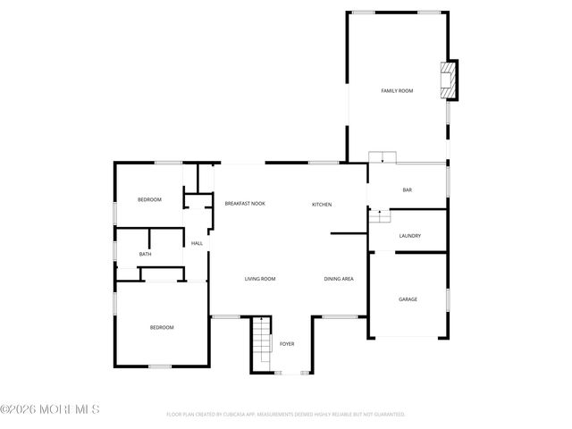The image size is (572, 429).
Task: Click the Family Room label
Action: pos(397,91)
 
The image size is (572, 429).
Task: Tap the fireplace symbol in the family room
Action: pos(451,79)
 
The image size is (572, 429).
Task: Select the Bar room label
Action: pos(407,189)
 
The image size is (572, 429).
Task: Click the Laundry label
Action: pos(410,236)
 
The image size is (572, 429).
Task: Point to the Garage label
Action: pos(408,299)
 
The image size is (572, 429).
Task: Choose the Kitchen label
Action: pos(322,205)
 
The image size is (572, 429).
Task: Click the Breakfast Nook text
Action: pos(245,204)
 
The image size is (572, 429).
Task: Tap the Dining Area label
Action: pos(339,279)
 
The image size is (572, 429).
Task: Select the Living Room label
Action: pos(260,279)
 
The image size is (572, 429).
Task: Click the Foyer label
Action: pos(287,344)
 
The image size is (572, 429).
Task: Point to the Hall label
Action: pos(197,243)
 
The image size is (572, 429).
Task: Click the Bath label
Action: pos(145,255)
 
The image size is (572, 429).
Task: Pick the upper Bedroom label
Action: pos(149,199)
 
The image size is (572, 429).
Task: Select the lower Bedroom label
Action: pos(162,328)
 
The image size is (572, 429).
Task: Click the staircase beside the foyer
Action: pos(260,343)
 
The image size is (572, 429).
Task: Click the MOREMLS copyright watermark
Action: pos(50,409)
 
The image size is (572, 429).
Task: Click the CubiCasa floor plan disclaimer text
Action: pos(286,415)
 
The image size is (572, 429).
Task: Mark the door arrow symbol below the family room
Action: pos(383,158)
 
